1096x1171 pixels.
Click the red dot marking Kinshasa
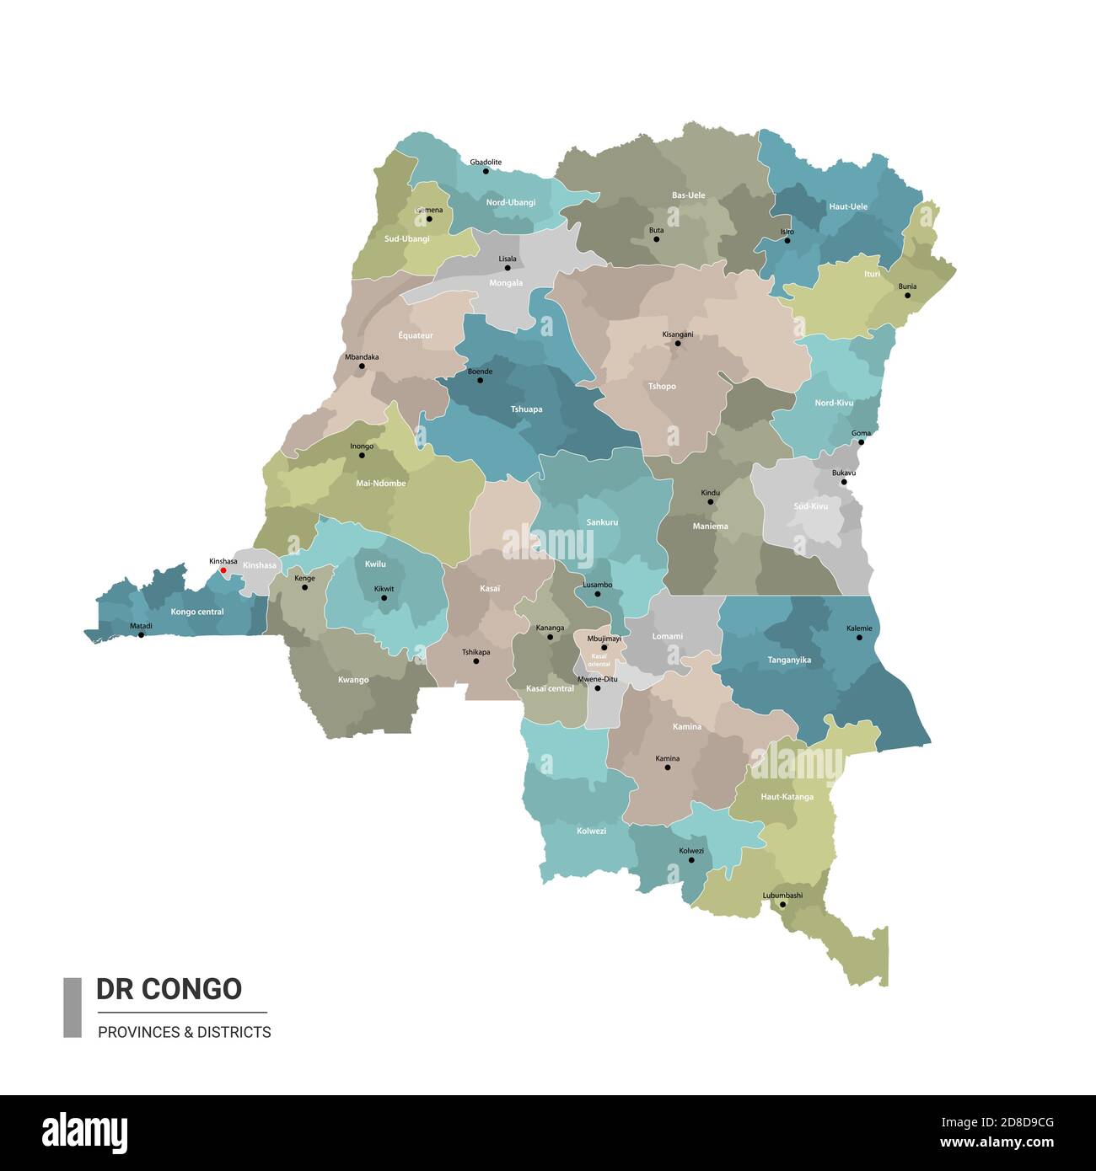(x=223, y=570)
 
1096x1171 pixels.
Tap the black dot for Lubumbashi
(x=782, y=905)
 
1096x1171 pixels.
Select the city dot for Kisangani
(x=677, y=344)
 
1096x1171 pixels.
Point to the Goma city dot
(x=861, y=442)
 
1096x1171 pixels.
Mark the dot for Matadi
(x=141, y=634)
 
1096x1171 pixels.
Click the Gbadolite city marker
(x=486, y=171)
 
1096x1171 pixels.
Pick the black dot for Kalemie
(x=859, y=637)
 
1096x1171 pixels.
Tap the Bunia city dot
(x=907, y=296)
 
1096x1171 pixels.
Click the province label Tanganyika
(x=789, y=660)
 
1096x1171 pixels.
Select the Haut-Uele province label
(x=848, y=206)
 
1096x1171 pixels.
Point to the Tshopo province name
(x=662, y=387)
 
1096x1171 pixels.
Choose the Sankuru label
(x=602, y=522)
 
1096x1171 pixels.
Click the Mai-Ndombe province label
(x=381, y=484)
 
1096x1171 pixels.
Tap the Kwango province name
(x=353, y=680)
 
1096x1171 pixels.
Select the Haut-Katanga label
(x=787, y=797)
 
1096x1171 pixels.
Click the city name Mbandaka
(x=362, y=357)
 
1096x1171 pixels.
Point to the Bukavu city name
(x=843, y=473)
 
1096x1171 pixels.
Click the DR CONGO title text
(x=169, y=989)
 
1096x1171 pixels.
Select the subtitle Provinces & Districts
(x=185, y=1032)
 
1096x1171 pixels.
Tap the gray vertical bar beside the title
(x=73, y=1007)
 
